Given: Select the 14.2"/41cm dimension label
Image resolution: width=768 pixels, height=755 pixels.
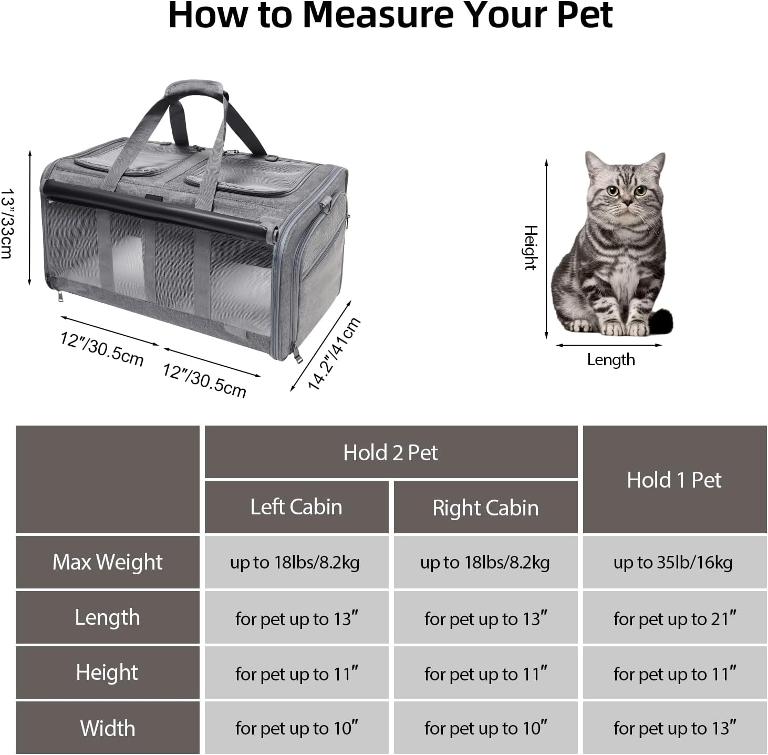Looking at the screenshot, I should (x=334, y=354).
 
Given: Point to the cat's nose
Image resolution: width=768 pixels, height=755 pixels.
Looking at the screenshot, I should (x=627, y=200).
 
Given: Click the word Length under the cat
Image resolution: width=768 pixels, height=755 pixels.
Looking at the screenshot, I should (x=610, y=360).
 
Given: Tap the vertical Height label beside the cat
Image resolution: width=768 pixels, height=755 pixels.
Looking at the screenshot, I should (x=531, y=247).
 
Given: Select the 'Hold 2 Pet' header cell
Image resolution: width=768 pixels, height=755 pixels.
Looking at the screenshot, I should (x=390, y=452).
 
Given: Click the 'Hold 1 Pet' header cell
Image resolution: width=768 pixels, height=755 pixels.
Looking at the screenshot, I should (x=674, y=480).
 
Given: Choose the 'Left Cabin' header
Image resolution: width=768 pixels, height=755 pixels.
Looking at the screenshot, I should (x=296, y=507).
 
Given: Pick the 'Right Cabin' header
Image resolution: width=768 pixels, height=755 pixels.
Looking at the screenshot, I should (x=485, y=508).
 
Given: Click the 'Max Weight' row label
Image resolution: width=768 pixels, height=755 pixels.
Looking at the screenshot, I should (x=108, y=562).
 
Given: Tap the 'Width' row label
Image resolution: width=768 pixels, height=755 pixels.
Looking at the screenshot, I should (x=108, y=728).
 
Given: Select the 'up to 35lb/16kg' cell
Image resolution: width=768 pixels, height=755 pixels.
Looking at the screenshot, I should (x=673, y=562).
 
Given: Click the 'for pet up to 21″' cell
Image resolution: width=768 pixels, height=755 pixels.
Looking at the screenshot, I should (x=674, y=618).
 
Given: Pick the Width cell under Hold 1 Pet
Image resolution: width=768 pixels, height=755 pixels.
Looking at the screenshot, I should (x=674, y=728).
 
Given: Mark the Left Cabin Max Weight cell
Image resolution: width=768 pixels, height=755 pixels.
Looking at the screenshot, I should (x=295, y=562).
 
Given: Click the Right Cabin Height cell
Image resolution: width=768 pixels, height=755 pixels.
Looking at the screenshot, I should (x=485, y=673).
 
